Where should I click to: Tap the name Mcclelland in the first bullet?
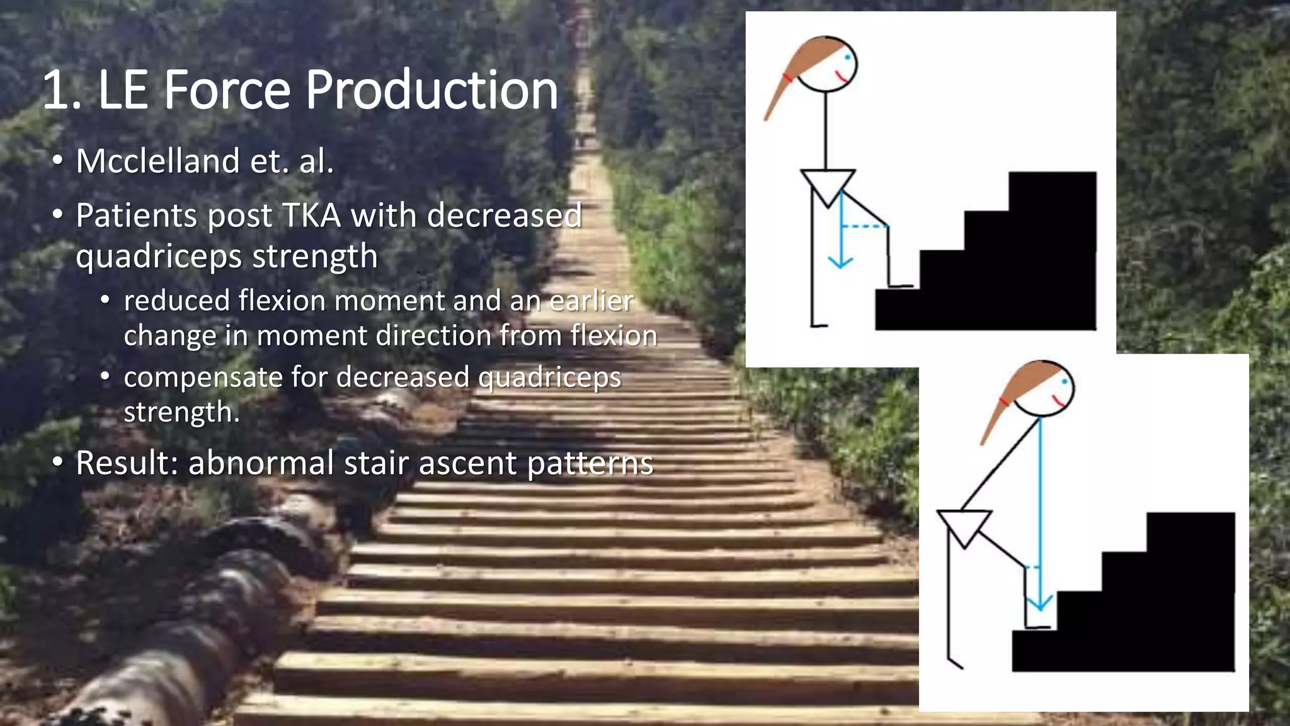[x=157, y=161]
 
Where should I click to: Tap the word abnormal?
[x=261, y=463]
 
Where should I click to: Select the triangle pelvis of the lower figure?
[x=964, y=525]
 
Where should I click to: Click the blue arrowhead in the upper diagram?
[x=840, y=261]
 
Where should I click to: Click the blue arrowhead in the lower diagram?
[x=1039, y=603]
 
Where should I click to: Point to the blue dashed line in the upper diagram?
[x=864, y=226]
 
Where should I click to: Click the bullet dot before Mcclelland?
[x=57, y=161]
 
